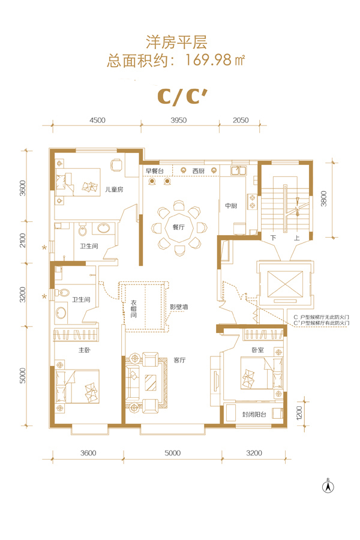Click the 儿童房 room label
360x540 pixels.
tap(114, 190)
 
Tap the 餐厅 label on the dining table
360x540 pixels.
tap(178, 227)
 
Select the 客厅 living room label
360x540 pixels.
tap(179, 360)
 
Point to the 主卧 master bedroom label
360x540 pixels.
tap(85, 350)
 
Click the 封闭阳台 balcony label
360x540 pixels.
tap(254, 414)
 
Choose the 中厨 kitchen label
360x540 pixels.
tap(231, 206)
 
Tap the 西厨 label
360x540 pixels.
tap(199, 170)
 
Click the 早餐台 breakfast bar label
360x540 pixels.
tap(154, 170)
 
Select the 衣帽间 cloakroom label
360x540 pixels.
tap(134, 309)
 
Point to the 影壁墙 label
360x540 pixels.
tap(179, 307)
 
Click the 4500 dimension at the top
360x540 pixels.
tap(97, 120)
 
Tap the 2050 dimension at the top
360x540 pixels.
tap(241, 120)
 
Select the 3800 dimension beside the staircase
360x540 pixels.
tap(323, 199)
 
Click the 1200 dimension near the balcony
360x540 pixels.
tap(299, 413)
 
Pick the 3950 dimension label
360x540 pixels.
tap(178, 120)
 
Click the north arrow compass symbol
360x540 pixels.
tap(328, 486)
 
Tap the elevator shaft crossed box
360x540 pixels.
tap(285, 284)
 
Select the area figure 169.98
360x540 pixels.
tap(209, 60)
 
